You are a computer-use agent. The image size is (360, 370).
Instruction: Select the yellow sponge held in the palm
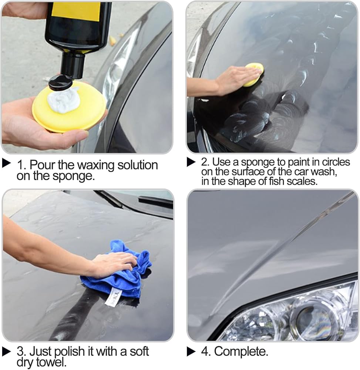coord(68,107)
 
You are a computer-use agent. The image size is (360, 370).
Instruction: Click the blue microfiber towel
coord(118,271)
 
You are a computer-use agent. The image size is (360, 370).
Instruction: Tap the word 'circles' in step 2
coord(336,162)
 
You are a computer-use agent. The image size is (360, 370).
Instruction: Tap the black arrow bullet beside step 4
coord(191,351)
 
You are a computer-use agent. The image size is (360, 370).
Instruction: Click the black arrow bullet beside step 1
coord(6,163)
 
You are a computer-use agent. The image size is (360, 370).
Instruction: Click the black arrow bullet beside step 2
coord(191,162)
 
